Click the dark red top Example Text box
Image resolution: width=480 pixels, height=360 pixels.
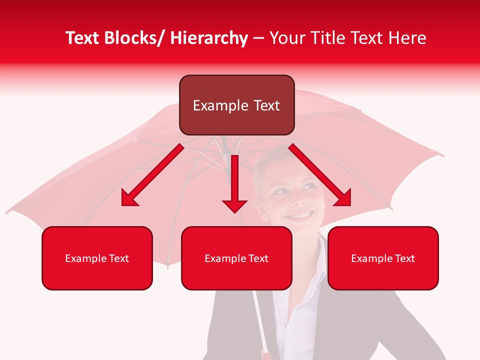tap(236, 105)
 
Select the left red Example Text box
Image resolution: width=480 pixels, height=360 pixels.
tap(97, 258)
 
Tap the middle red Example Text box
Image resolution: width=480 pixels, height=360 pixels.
tap(236, 258)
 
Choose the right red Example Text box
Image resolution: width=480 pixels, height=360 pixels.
tap(383, 258)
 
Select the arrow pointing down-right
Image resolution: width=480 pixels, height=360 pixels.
tap(320, 175)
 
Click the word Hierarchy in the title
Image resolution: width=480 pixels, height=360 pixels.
tap(209, 38)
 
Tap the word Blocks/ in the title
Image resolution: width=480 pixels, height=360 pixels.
tap(134, 38)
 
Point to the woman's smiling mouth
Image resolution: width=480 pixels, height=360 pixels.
tap(300, 215)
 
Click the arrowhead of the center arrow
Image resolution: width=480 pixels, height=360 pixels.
tap(234, 204)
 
